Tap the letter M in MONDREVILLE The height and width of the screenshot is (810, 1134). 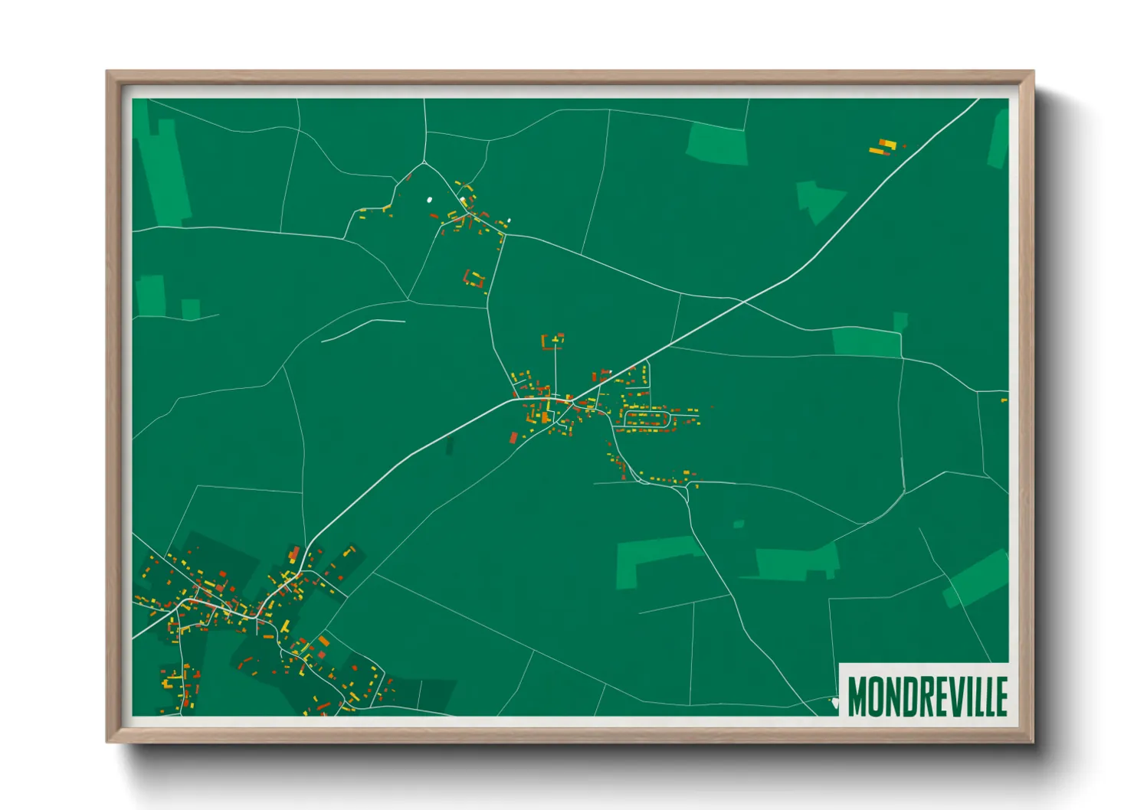coord(856,696)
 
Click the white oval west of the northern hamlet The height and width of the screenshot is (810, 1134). coord(429,201)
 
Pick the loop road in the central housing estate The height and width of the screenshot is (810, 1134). coord(648,418)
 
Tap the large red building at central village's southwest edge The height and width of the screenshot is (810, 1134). coord(514,437)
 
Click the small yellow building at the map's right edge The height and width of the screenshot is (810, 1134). coord(1004,400)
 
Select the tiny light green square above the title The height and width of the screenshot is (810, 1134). coord(739,524)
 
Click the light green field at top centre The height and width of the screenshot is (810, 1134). coord(717,144)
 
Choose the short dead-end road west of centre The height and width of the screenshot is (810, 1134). coord(362,329)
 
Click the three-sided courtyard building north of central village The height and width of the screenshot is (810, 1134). coord(553,341)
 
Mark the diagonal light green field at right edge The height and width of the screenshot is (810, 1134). coord(977,578)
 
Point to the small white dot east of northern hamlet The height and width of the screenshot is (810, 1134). coord(509,222)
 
